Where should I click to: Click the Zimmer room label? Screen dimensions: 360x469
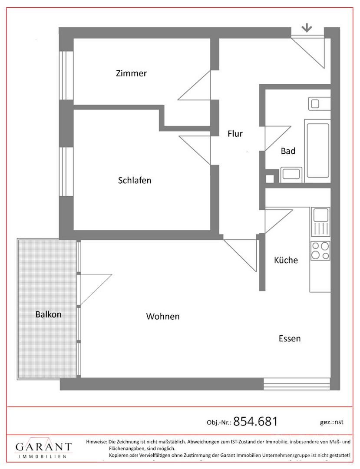[131, 73]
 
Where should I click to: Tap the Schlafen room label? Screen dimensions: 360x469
[135, 180]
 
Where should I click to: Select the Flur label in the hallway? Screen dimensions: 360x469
[235, 133]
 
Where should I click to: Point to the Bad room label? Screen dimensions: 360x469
[288, 151]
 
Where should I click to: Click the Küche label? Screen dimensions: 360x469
[286, 260]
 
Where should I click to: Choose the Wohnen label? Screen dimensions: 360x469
[163, 316]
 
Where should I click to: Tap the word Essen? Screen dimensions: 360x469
[290, 338]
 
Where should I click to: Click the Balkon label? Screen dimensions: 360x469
[48, 314]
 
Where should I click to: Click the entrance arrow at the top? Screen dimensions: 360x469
[307, 28]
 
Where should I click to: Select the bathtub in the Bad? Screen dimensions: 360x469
[317, 151]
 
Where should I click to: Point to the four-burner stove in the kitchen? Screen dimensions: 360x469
[320, 251]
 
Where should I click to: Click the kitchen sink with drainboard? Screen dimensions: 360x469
[320, 221]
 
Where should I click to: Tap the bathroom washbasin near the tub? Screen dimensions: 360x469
[291, 175]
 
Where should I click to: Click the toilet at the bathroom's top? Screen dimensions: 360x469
[319, 103]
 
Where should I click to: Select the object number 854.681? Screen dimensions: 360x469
[255, 421]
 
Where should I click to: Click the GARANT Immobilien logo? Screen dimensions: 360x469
[44, 448]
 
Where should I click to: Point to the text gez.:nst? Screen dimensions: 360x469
[332, 422]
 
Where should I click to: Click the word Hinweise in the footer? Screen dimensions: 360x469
[96, 442]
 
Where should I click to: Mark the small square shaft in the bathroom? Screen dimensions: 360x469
[270, 178]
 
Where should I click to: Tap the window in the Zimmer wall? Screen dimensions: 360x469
[66, 76]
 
